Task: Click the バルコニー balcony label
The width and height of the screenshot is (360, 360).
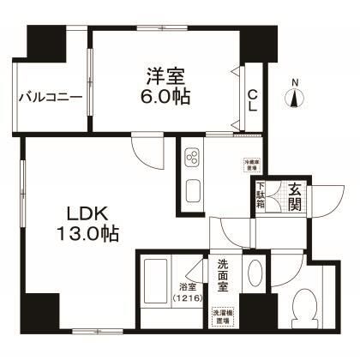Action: click(51, 96)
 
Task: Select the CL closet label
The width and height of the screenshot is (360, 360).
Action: click(253, 99)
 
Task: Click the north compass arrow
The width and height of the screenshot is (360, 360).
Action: click(296, 98)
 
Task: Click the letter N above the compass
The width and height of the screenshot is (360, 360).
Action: click(296, 82)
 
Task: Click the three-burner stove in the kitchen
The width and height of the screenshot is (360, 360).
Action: click(191, 159)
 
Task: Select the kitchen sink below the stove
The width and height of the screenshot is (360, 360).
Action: click(191, 191)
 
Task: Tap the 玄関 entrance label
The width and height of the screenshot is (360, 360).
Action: click(293, 197)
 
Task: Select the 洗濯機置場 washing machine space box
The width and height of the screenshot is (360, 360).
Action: click(225, 315)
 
